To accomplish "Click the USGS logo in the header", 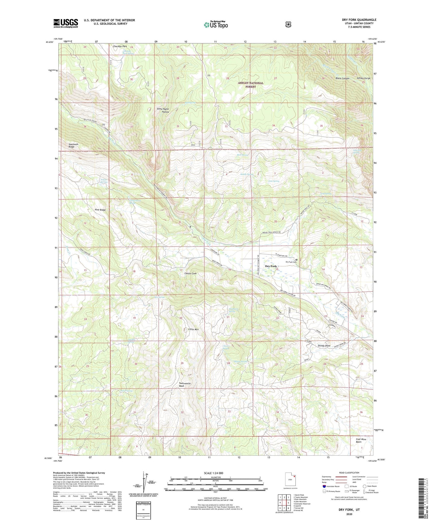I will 66,23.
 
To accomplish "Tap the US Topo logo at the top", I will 216,25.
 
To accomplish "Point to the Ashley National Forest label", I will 250,84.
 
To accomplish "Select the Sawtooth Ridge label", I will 73,146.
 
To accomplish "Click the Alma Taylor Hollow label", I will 163,110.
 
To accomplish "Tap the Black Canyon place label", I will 342,78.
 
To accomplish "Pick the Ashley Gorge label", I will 363,78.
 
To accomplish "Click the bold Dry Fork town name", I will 271,266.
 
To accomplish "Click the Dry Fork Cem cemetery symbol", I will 297,259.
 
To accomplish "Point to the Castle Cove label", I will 191,273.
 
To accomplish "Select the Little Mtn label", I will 193,329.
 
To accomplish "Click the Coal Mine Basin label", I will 361,441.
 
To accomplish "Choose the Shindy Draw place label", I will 324,346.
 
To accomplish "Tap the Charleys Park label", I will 120,47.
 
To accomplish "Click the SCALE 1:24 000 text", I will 213,473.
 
